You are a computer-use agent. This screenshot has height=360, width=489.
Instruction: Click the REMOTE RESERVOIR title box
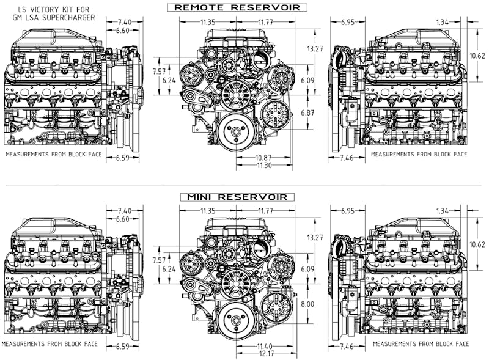click(x=237, y=7)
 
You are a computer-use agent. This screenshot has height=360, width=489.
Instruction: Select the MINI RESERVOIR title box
click(x=237, y=197)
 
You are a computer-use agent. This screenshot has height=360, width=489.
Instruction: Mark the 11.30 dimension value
click(x=265, y=165)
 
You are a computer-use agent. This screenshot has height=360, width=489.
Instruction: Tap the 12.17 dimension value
click(x=265, y=354)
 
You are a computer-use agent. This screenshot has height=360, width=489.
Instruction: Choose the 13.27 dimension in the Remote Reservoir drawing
click(x=315, y=48)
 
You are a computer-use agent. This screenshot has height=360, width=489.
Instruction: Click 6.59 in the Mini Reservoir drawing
click(x=123, y=347)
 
